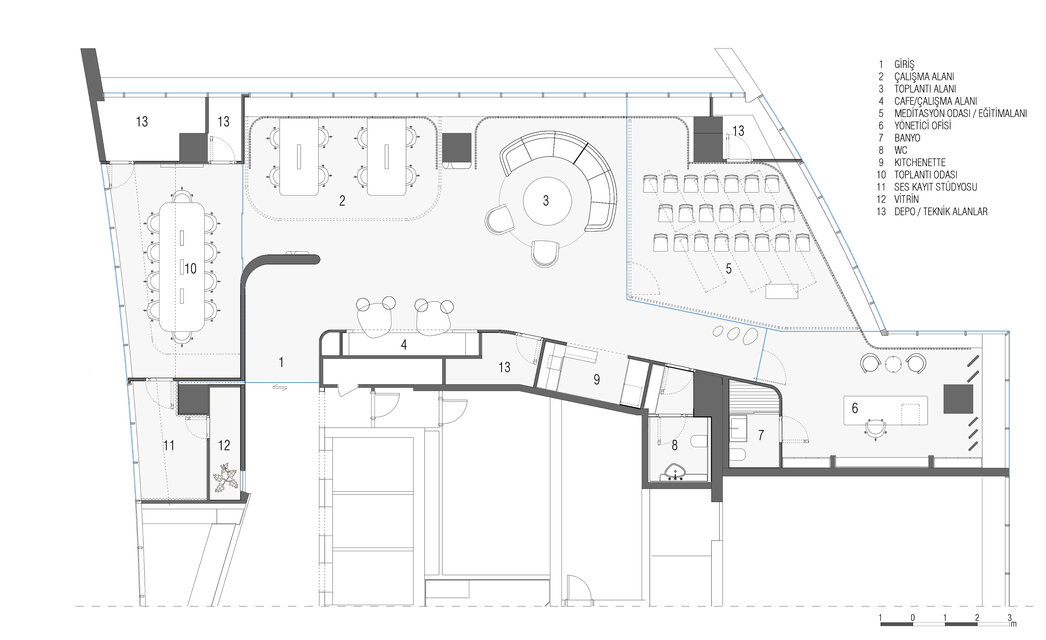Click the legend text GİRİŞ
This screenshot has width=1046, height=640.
pos(904,65)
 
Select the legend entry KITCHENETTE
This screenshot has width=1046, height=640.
pos(920,163)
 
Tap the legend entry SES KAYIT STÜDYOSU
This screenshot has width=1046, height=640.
pos(936,187)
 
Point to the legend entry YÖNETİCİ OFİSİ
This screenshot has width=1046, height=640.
pos(923,126)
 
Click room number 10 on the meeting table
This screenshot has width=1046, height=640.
pos(190,268)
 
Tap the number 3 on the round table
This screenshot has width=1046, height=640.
pos(546,201)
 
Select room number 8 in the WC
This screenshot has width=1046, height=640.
pos(674,445)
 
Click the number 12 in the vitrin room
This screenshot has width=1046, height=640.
pos(224,445)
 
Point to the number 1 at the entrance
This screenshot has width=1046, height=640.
pos(281,362)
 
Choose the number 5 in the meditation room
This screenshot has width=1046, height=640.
pos(729,268)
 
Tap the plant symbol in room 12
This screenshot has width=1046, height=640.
pos(225,477)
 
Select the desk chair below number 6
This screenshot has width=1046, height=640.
pos(875,430)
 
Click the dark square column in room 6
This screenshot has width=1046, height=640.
pos(958,399)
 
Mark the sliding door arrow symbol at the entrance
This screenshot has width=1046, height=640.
pos(279,387)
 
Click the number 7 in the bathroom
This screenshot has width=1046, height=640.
pos(761,435)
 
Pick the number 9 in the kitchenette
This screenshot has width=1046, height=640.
pos(597,379)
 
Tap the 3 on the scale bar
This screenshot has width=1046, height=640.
pos(1009,618)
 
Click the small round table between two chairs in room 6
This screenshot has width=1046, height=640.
pos(893,364)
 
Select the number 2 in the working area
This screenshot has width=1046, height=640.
pos(342,201)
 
